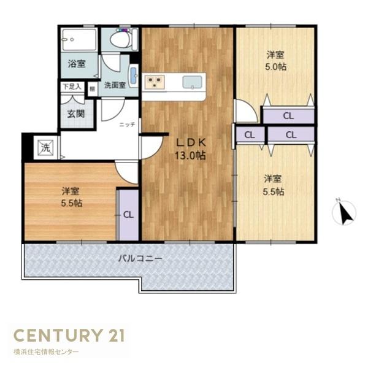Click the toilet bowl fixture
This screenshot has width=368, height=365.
coord(120,39)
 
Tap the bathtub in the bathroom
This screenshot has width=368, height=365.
coord(79,39)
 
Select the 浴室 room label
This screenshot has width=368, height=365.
coord(77,64)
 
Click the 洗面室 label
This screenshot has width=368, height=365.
coord(115,85)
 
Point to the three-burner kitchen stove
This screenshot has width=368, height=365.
coord(155,82)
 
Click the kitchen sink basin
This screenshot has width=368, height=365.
coord(193,82)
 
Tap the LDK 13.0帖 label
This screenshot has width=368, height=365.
coord(190,149)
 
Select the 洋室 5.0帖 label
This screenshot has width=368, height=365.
coord(275,61)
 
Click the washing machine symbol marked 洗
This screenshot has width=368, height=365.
coord(46,148)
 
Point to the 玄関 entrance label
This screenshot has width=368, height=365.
coord(76,114)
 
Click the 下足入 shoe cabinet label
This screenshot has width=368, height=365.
coord(72,87)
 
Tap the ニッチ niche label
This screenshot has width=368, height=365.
coord(127,125)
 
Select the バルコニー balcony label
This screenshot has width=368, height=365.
coord(140,259)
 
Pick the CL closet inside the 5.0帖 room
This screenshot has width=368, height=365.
coord(288,116)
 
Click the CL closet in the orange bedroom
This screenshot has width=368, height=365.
coord(128,215)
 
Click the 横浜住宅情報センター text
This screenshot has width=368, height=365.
coord(46,352)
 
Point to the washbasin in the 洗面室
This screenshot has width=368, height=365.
coord(134,75)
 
